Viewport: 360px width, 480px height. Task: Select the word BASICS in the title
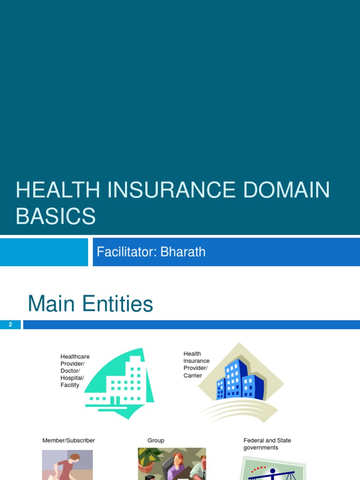56,216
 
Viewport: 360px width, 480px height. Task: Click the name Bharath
183,252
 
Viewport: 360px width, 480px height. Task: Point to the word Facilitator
126,252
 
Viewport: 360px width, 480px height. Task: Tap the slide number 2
10,324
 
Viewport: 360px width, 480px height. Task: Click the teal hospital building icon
120,382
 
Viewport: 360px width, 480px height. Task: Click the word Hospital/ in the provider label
72,378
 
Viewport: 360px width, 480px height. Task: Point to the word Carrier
193,375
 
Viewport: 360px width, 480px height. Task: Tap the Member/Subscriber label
68,441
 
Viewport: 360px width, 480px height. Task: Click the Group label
156,441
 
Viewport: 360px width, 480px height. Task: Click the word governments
261,448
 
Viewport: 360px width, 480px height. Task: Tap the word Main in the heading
52,304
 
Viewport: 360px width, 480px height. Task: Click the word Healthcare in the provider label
75,357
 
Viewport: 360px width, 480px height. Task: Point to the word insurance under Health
196,361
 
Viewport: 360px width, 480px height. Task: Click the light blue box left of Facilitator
44,252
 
